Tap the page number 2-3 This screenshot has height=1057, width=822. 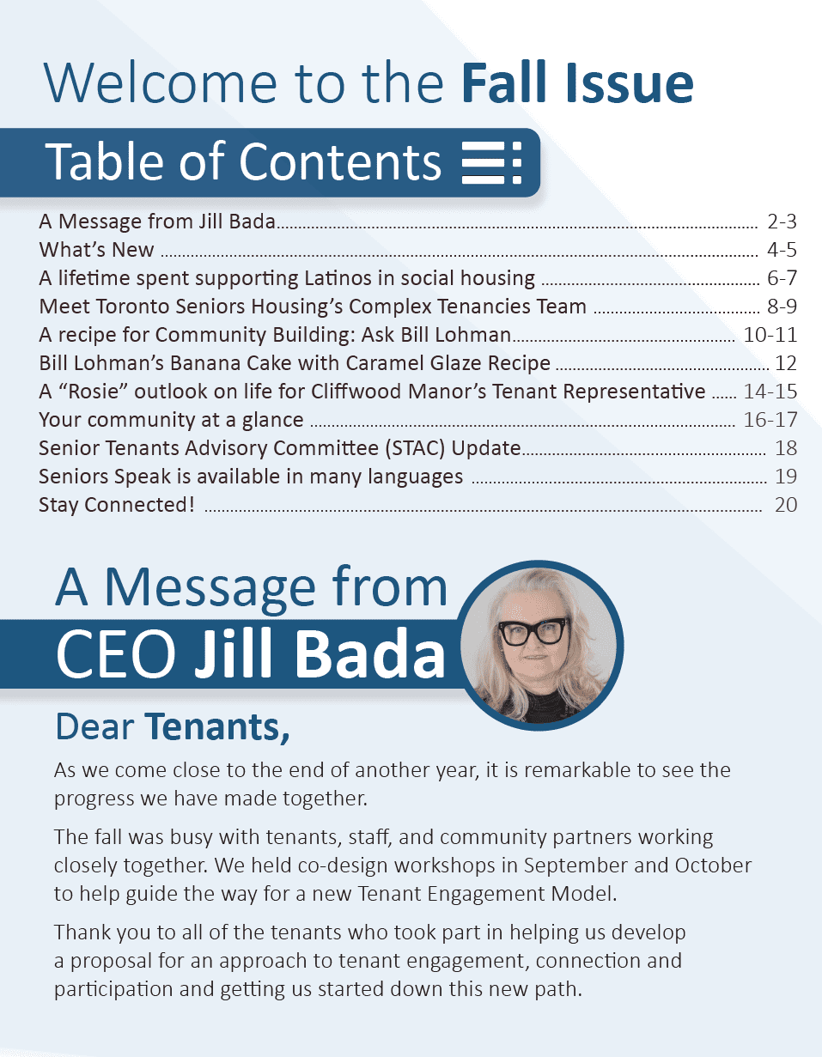click(x=782, y=222)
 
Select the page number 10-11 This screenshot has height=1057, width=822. click(x=770, y=335)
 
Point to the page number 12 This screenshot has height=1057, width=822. click(x=785, y=363)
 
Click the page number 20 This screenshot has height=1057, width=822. click(x=785, y=505)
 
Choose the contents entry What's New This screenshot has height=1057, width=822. click(x=96, y=250)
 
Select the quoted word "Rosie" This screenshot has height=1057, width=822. click(x=100, y=392)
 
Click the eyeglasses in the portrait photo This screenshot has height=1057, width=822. click(x=534, y=631)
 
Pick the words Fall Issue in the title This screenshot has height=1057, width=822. click(x=576, y=84)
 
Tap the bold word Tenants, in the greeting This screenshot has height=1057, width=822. click(x=216, y=726)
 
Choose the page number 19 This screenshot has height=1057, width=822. click(x=785, y=477)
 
